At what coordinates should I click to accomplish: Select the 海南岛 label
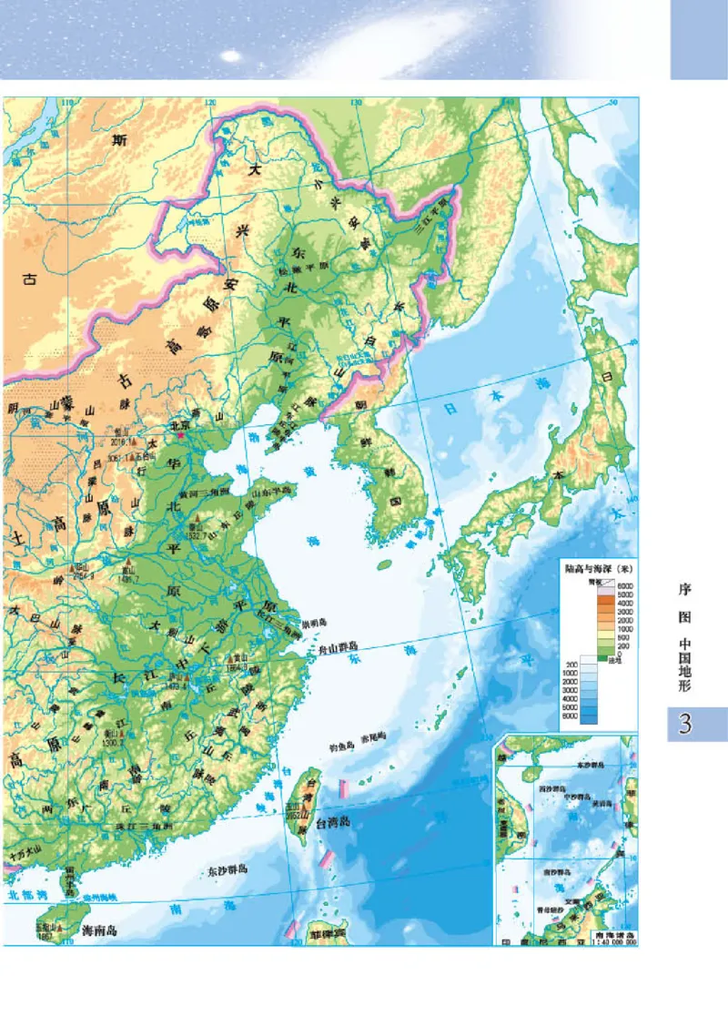(100, 931)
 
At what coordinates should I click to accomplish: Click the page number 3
(686, 725)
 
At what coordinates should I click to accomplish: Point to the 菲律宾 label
(328, 933)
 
